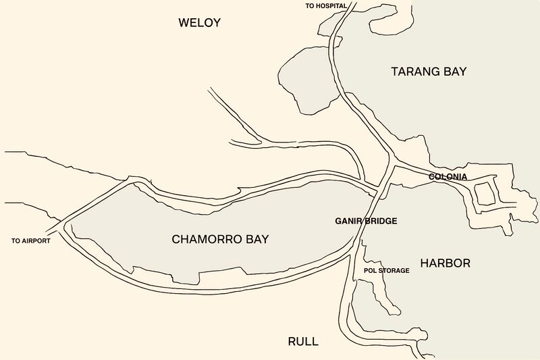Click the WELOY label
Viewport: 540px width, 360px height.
(199, 23)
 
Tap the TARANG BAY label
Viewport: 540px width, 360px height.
(429, 71)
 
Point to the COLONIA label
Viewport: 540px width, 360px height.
(448, 177)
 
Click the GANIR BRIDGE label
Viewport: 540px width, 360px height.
(366, 221)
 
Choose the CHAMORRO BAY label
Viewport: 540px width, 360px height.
(220, 239)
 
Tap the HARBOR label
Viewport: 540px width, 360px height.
(445, 263)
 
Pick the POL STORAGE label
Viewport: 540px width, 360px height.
(386, 271)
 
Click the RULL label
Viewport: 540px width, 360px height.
(303, 341)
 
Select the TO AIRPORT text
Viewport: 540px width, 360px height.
(31, 240)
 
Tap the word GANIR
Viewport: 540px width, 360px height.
(349, 221)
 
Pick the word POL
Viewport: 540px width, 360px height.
(370, 271)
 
